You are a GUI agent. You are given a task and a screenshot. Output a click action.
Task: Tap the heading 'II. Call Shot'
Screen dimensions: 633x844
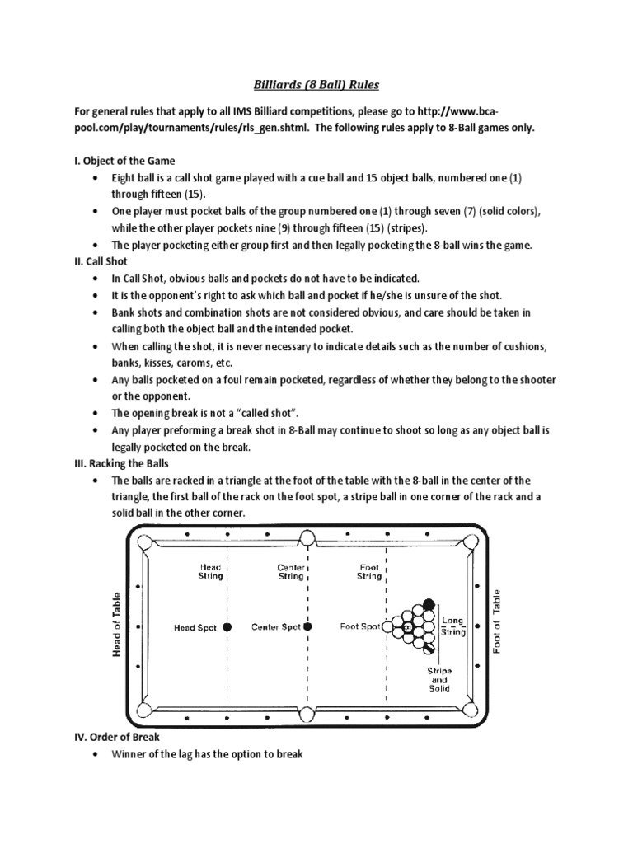105,260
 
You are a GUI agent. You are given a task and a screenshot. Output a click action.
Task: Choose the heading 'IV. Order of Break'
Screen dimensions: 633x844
118,738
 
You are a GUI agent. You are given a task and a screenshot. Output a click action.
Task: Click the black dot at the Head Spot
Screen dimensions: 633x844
228,627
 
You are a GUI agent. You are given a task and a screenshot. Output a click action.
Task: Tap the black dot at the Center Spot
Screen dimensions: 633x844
308,627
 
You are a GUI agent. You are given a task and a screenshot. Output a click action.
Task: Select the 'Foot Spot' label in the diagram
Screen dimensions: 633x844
360,627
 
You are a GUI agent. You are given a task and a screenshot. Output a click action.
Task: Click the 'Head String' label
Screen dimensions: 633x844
208,571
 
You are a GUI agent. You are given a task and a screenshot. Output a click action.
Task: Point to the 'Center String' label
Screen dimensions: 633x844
291,571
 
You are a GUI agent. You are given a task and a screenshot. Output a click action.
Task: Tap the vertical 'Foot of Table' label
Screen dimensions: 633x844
497,621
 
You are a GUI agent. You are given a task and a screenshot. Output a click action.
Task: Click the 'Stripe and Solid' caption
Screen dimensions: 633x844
438,680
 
